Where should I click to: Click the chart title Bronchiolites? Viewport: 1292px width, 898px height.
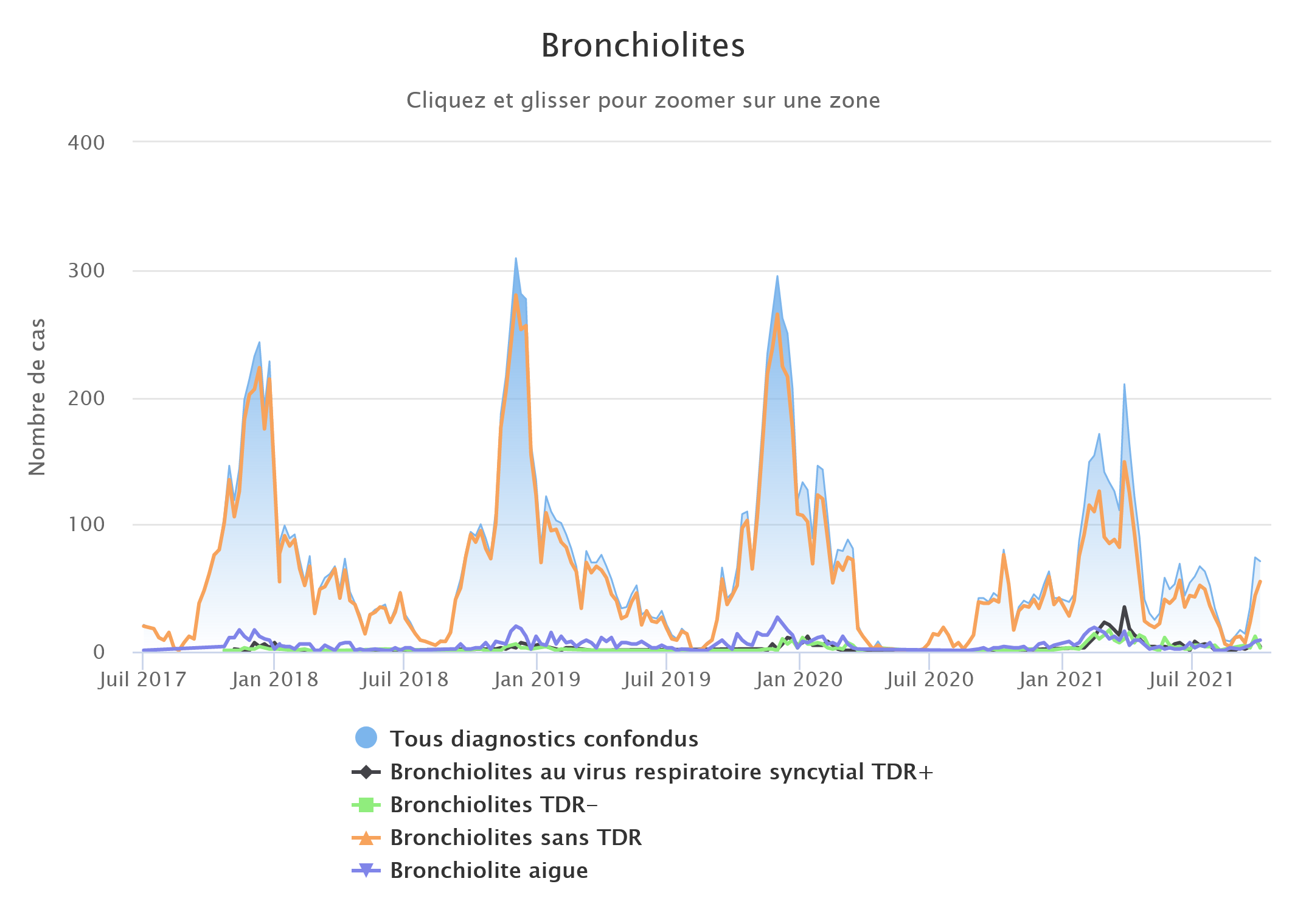643,46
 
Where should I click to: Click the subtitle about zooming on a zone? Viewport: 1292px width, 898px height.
643,100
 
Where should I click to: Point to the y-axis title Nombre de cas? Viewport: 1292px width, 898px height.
38,397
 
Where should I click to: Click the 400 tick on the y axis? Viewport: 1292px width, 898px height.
86,143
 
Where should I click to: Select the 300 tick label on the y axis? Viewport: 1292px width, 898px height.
86,271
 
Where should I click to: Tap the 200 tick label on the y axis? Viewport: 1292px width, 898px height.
86,399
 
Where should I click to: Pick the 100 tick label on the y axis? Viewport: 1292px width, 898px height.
86,524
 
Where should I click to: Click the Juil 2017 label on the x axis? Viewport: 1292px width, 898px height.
142,680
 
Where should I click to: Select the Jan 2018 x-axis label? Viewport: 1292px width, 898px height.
274,680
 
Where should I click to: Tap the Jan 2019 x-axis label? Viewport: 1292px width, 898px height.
537,680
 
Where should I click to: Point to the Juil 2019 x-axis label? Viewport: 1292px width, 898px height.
667,680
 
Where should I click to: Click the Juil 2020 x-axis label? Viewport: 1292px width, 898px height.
929,680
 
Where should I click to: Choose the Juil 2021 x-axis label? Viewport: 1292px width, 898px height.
1191,680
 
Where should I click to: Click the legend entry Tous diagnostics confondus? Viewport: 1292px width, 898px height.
544,739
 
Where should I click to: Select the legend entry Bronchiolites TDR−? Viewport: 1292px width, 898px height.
494,805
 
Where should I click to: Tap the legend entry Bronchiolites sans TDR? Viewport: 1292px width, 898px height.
516,838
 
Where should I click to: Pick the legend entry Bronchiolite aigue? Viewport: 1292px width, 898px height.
489,871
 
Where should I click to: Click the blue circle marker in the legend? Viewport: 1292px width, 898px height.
366,738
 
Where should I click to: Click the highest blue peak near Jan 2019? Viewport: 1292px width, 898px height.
516,259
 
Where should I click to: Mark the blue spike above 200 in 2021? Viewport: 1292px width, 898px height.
1124,385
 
